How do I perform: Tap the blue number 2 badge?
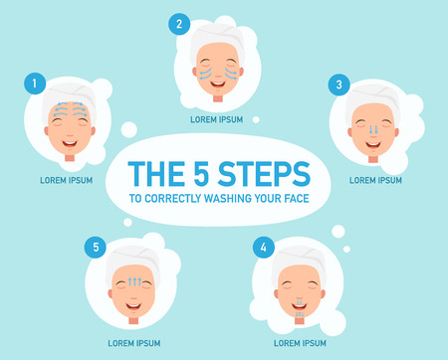178,24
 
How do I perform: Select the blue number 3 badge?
339,86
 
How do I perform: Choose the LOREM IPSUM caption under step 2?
217,119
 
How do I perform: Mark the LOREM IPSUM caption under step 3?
375,180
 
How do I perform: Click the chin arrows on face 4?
296,308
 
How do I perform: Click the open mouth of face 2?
217,85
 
